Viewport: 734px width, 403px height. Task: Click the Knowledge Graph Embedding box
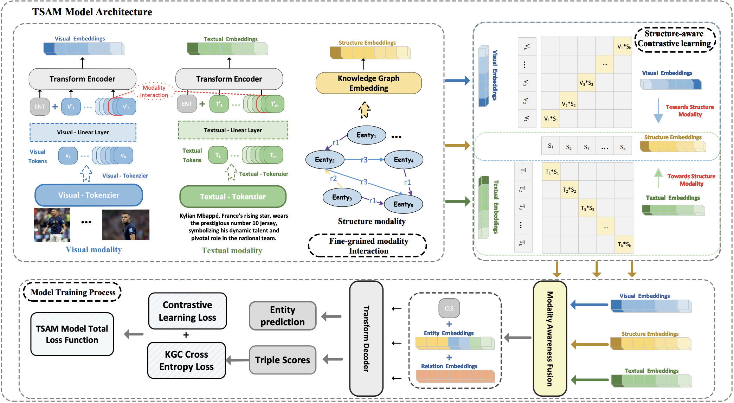368,83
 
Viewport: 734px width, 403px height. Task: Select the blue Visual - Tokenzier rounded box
89,195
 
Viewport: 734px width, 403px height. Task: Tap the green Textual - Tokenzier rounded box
233,197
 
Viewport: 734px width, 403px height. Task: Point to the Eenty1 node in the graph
366,135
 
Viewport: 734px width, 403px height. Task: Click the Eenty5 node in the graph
403,204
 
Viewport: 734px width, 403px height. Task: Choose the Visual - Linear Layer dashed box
83,132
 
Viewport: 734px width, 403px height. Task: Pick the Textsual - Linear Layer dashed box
233,130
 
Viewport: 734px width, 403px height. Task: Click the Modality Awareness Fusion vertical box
550,338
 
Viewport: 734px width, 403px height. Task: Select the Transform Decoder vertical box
366,338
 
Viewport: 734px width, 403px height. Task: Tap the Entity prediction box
283,316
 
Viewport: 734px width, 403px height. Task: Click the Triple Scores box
283,360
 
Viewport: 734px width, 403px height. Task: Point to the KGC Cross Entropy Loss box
186,360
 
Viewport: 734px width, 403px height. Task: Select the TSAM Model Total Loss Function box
72,334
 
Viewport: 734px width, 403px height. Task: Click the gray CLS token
449,308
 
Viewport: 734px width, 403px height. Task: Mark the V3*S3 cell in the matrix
586,83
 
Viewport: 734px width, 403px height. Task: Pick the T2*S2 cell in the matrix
569,190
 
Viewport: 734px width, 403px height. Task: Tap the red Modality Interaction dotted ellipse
154,91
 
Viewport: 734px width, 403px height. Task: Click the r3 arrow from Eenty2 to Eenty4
364,160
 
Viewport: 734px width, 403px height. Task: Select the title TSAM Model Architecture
92,12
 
